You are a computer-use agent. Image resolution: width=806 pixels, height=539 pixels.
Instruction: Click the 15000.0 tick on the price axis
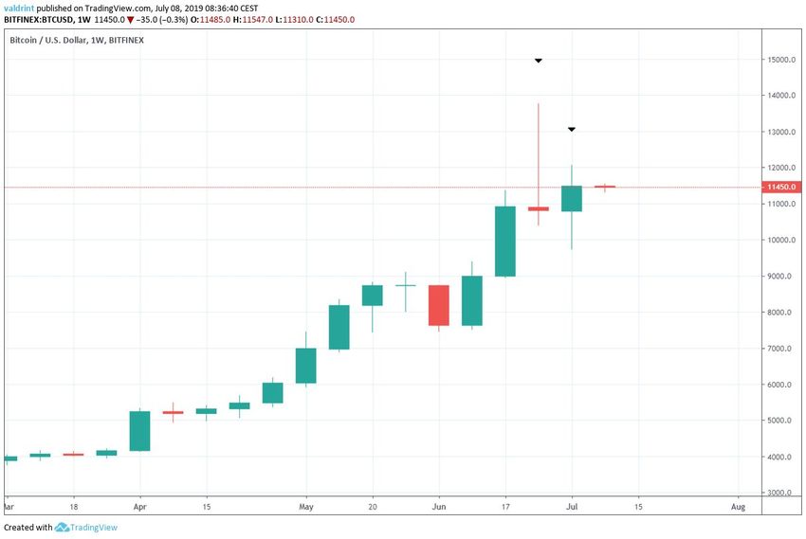click(x=781, y=60)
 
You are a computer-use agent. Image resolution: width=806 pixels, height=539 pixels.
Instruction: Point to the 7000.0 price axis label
click(x=781, y=349)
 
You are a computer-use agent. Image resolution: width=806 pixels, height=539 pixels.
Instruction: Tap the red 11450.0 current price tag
click(x=781, y=188)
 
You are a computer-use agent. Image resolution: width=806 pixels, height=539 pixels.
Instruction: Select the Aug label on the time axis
click(x=739, y=508)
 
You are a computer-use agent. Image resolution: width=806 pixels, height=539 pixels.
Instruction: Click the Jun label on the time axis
click(x=438, y=508)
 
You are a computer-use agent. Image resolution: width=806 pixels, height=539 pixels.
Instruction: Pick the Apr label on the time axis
click(x=139, y=508)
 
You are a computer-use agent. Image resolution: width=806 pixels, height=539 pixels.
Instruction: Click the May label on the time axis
click(x=305, y=508)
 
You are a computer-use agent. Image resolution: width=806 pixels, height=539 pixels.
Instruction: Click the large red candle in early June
click(x=438, y=305)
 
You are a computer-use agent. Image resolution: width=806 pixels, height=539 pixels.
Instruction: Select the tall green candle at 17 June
click(x=505, y=241)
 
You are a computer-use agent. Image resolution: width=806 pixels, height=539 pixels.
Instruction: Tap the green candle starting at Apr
click(x=139, y=430)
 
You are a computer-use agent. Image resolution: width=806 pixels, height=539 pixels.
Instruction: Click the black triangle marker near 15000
click(x=538, y=61)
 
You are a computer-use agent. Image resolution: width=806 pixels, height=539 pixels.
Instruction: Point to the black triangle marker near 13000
click(x=571, y=129)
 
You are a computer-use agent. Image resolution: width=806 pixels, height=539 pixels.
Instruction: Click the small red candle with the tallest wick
click(x=538, y=208)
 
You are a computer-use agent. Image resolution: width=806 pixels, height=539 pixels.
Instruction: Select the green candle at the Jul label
click(x=571, y=198)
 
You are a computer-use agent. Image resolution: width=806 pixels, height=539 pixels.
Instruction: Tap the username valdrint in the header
click(x=19, y=7)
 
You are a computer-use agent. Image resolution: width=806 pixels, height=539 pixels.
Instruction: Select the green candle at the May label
click(x=305, y=366)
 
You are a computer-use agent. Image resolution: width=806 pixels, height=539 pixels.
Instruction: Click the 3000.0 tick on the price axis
click(x=781, y=493)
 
